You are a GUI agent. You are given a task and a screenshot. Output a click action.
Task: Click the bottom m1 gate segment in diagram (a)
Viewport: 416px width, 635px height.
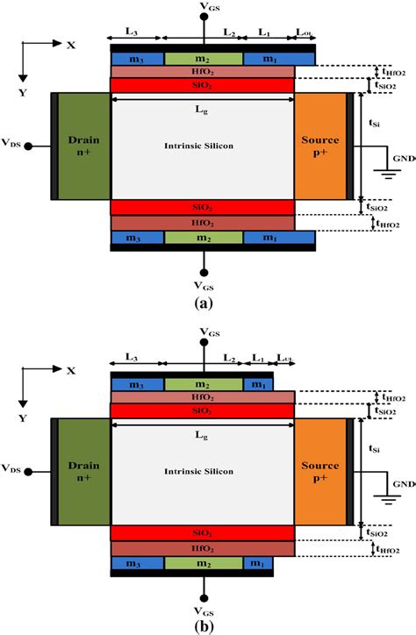(x=278, y=238)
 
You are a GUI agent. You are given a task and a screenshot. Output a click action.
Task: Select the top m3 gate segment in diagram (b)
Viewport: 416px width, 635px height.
(x=137, y=385)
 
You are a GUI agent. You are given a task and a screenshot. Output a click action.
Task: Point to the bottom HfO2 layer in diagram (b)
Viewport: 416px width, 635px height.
(x=203, y=548)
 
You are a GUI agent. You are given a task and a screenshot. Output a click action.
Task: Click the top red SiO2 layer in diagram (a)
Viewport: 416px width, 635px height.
(x=203, y=85)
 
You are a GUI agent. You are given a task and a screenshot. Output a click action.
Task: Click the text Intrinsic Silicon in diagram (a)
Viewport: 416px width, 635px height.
(x=203, y=144)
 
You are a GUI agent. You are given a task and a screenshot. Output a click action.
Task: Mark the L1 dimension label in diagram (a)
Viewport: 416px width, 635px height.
(x=265, y=32)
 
